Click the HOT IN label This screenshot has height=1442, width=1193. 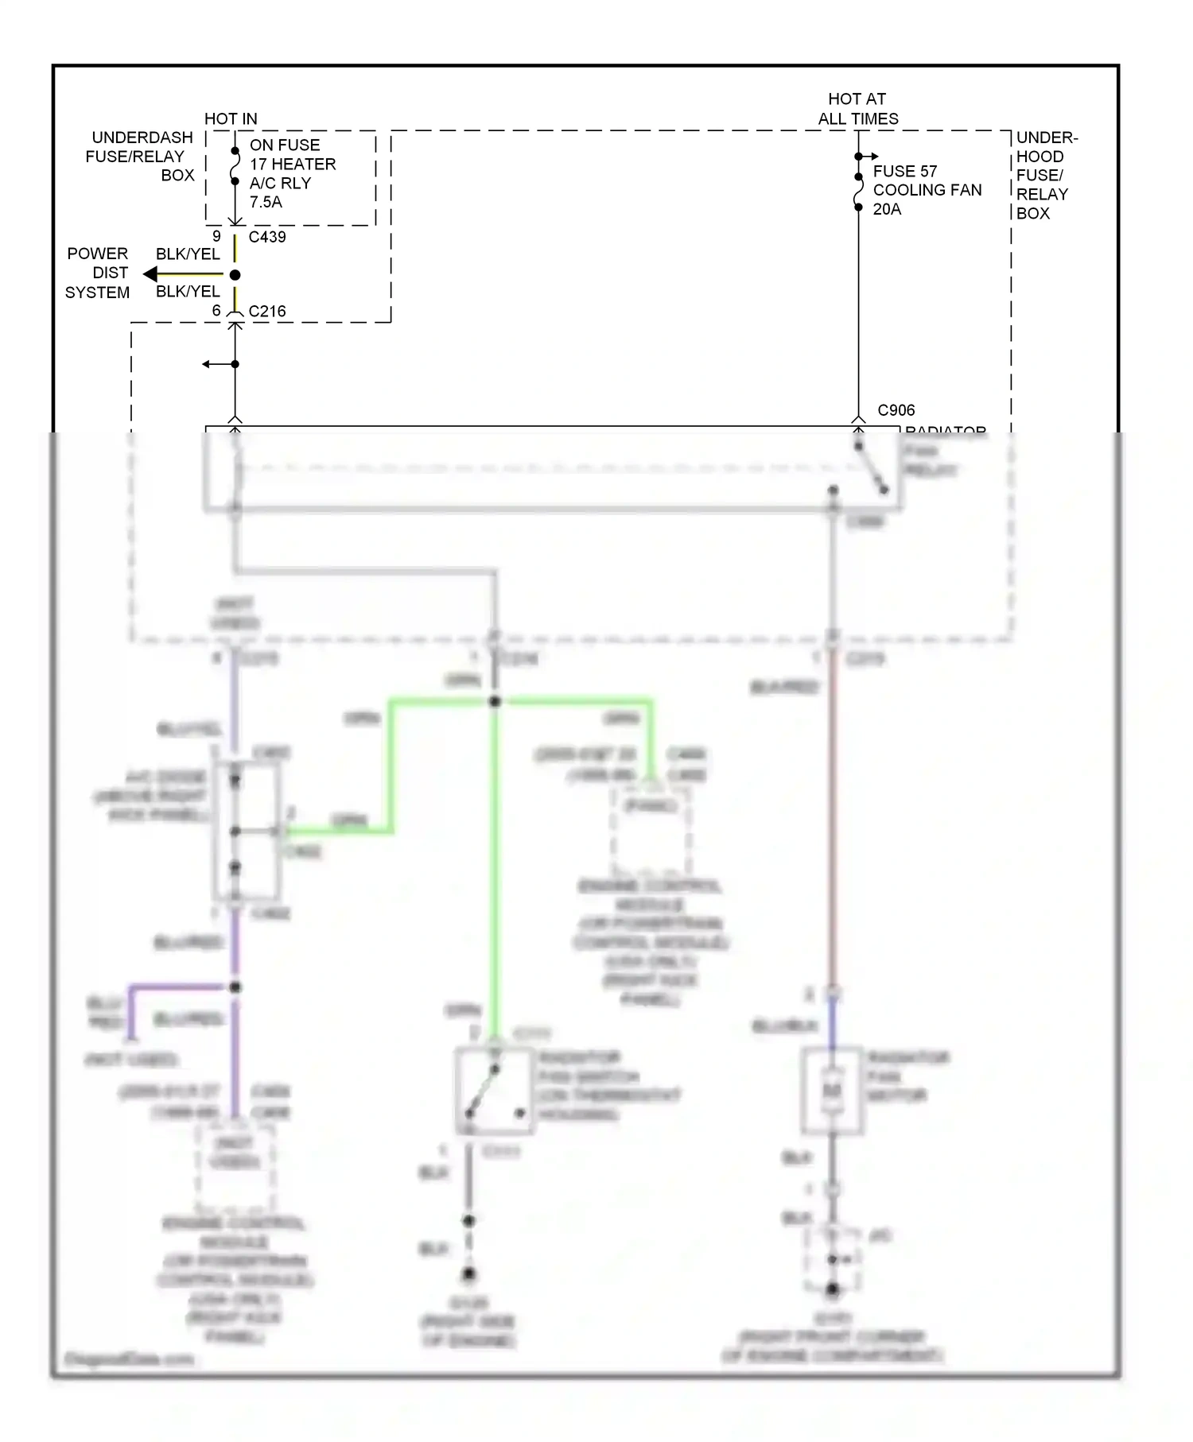[x=231, y=118]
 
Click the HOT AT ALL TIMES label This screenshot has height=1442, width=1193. [x=857, y=109]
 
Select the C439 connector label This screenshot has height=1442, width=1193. [x=267, y=237]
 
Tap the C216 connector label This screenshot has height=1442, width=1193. [x=267, y=312]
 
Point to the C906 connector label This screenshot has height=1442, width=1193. [x=896, y=410]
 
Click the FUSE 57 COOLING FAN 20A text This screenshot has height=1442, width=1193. [x=927, y=190]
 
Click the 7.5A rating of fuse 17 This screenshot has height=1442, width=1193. [x=266, y=202]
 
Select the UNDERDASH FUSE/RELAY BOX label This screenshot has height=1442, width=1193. [x=140, y=157]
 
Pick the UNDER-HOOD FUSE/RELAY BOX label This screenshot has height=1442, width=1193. [x=1045, y=175]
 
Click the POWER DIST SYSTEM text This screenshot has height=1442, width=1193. [x=97, y=273]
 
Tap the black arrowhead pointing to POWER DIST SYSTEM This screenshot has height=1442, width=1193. [x=150, y=274]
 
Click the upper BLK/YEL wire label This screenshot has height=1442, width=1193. [x=187, y=254]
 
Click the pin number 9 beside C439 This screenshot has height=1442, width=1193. [x=216, y=236]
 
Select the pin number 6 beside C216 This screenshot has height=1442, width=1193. [x=216, y=311]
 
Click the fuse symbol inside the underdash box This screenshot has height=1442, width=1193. [x=235, y=167]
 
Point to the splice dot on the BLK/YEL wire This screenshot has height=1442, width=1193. [x=235, y=275]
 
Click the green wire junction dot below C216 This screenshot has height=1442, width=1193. [x=495, y=701]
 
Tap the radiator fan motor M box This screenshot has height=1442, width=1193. [x=832, y=1091]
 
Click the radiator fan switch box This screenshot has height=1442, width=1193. [x=494, y=1091]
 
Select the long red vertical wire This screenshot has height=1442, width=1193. [x=832, y=819]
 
